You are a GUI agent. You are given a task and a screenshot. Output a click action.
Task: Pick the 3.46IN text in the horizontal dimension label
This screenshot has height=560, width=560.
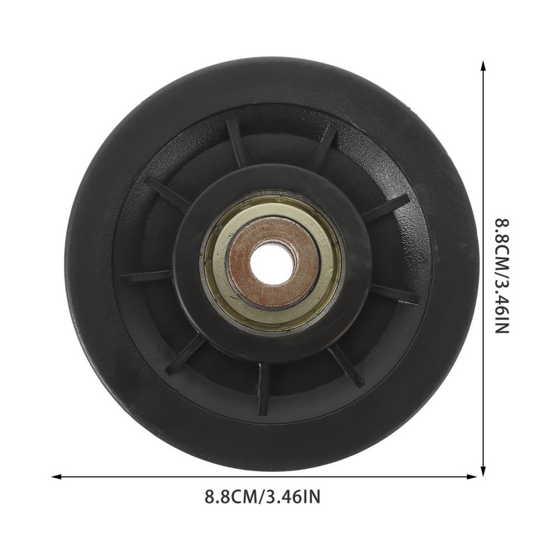293,498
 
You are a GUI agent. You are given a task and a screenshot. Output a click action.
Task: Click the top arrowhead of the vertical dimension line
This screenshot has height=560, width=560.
482,65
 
